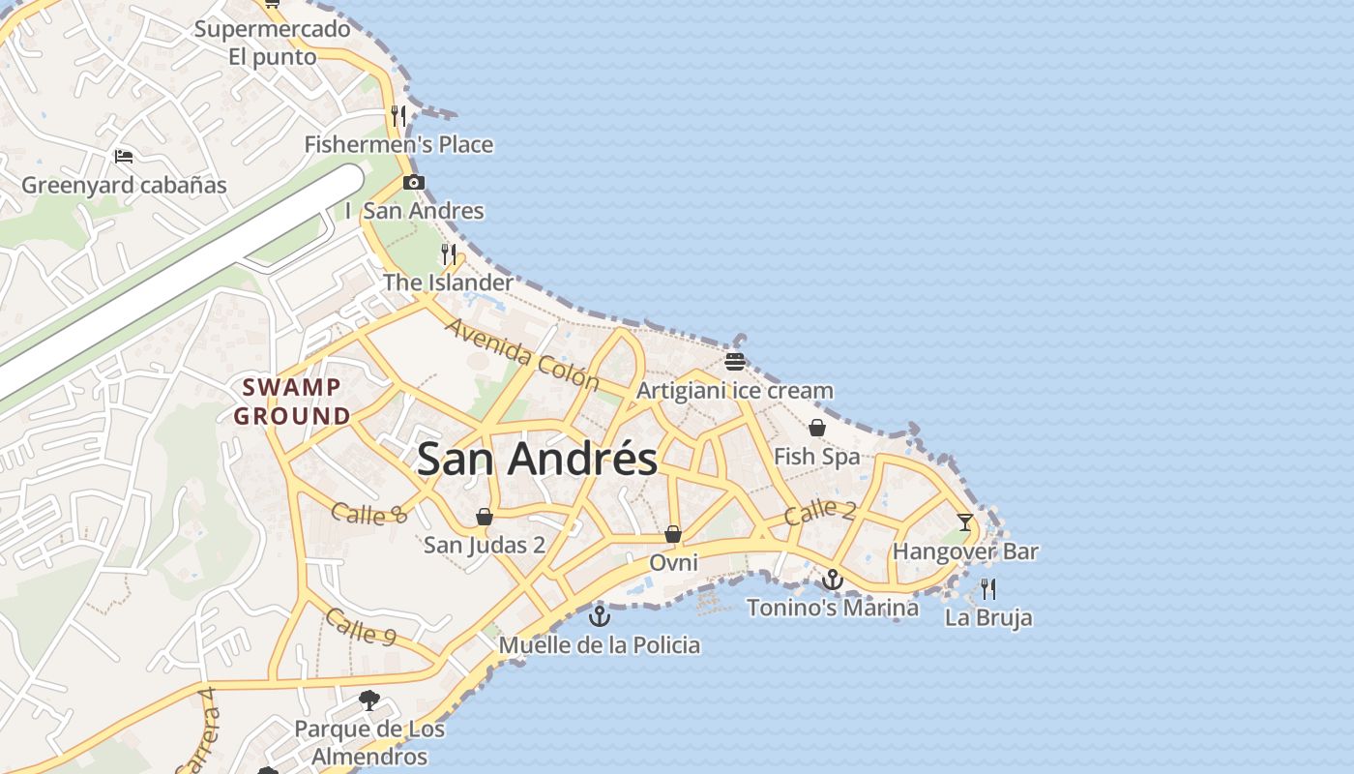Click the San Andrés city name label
pyautogui.click(x=537, y=459)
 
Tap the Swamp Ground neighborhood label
pyautogui.click(x=292, y=402)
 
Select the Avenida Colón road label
pyautogui.click(x=522, y=354)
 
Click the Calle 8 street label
pyautogui.click(x=368, y=513)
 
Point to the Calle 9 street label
pyautogui.click(x=361, y=626)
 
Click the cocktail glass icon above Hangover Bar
pyautogui.click(x=965, y=522)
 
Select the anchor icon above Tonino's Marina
pyautogui.click(x=832, y=580)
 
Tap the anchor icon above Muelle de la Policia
pyautogui.click(x=600, y=615)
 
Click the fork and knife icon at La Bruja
pyautogui.click(x=988, y=588)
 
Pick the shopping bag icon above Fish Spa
pyautogui.click(x=817, y=428)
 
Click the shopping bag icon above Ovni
pyautogui.click(x=673, y=534)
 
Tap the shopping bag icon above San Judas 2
pyautogui.click(x=485, y=517)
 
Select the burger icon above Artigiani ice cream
pyautogui.click(x=735, y=362)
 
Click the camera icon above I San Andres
pyautogui.click(x=414, y=182)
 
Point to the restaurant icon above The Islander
pyautogui.click(x=449, y=254)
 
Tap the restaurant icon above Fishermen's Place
pyautogui.click(x=398, y=116)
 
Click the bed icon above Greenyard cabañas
pyautogui.click(x=124, y=156)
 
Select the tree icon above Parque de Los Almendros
pyautogui.click(x=368, y=700)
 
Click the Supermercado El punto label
pyautogui.click(x=273, y=43)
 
